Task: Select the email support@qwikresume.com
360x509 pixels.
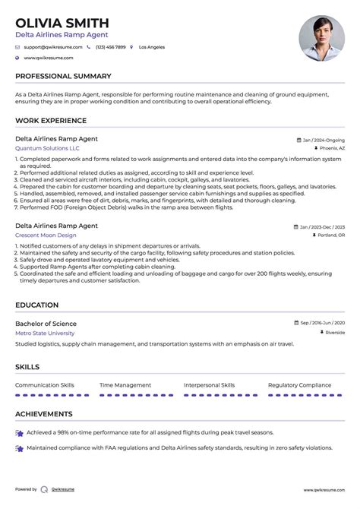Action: point(49,47)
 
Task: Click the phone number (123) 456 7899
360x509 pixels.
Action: point(110,47)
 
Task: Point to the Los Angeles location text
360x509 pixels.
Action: point(151,47)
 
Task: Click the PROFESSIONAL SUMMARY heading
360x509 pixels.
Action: point(63,77)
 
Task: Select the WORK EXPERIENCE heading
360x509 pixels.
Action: point(51,121)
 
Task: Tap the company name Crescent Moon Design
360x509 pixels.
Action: point(46,236)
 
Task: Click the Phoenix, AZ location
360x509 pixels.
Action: point(330,149)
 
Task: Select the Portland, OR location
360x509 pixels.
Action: point(330,236)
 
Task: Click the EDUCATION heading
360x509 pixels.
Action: point(36,305)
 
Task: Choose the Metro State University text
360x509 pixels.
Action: point(45,333)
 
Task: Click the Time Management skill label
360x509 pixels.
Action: point(125,385)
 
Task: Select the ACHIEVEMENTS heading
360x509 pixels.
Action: point(44,415)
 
